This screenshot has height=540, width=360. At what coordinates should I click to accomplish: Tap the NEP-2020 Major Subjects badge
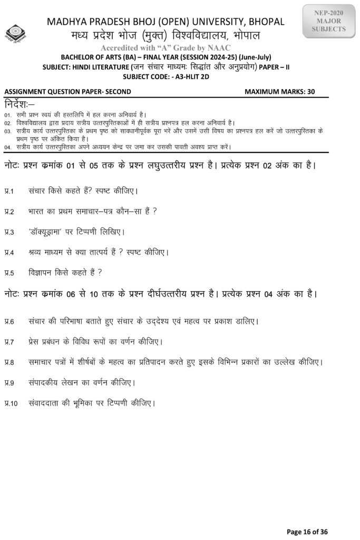tap(329, 22)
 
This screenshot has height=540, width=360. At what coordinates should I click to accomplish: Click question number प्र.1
tap(9, 190)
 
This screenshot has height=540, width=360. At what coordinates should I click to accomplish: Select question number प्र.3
tap(9, 232)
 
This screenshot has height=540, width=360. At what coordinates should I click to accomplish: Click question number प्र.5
tap(9, 273)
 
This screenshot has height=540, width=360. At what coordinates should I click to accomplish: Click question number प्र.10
tap(11, 404)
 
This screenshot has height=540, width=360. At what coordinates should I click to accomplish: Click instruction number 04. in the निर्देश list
tap(8, 147)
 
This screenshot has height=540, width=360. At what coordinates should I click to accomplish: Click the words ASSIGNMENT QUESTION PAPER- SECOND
tap(67, 91)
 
